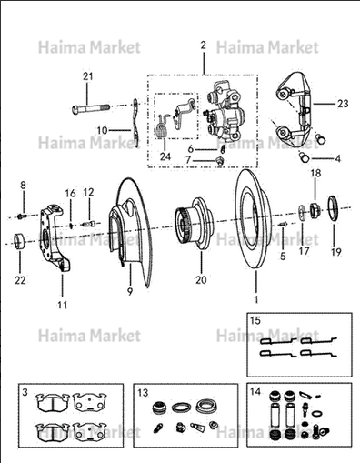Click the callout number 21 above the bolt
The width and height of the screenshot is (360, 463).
coord(88,76)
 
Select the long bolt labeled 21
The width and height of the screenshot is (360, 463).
coord(91,108)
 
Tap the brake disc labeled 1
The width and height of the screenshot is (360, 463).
coord(252,219)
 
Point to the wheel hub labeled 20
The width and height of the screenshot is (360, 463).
coord(195,225)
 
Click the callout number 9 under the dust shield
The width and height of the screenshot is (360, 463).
coord(130,291)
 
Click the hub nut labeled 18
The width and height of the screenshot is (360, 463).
coord(315,209)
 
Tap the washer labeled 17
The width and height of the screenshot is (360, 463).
coord(302,211)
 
